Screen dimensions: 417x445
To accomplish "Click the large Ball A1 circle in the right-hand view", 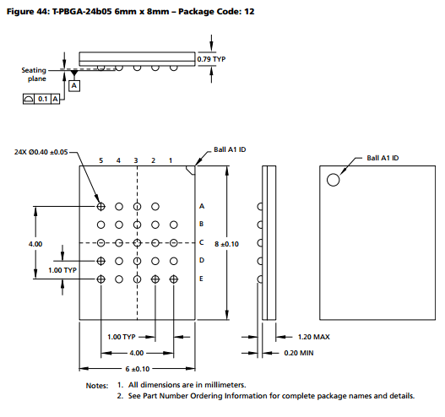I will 334,179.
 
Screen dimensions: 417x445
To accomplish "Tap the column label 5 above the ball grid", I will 100,160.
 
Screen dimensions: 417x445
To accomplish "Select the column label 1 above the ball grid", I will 172,160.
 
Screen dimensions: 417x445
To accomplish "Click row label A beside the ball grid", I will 201,206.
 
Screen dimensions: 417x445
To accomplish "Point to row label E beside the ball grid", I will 201,279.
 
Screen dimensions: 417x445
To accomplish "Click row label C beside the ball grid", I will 201,242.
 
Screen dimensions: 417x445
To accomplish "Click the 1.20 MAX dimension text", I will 315,337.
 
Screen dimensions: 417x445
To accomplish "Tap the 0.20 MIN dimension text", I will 313,353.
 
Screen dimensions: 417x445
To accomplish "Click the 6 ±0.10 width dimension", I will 137,369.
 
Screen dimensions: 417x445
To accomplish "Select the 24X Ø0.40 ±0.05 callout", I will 42,153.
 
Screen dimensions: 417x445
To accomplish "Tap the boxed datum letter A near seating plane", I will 74,85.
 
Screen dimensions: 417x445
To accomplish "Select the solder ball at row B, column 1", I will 173,225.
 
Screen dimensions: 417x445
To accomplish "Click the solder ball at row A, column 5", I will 101,206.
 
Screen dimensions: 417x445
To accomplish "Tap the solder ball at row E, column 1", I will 173,279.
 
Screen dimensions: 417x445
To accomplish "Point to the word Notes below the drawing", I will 97,385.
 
